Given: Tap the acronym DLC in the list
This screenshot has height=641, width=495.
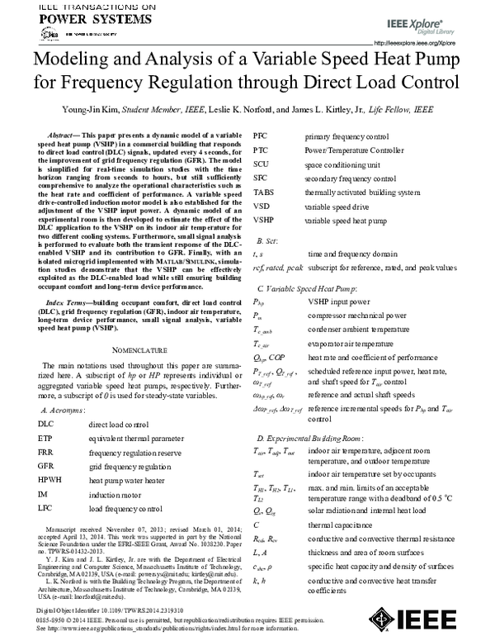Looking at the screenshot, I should pyautogui.click(x=45, y=424).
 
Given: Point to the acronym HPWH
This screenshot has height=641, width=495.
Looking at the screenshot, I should pyautogui.click(x=49, y=479).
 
